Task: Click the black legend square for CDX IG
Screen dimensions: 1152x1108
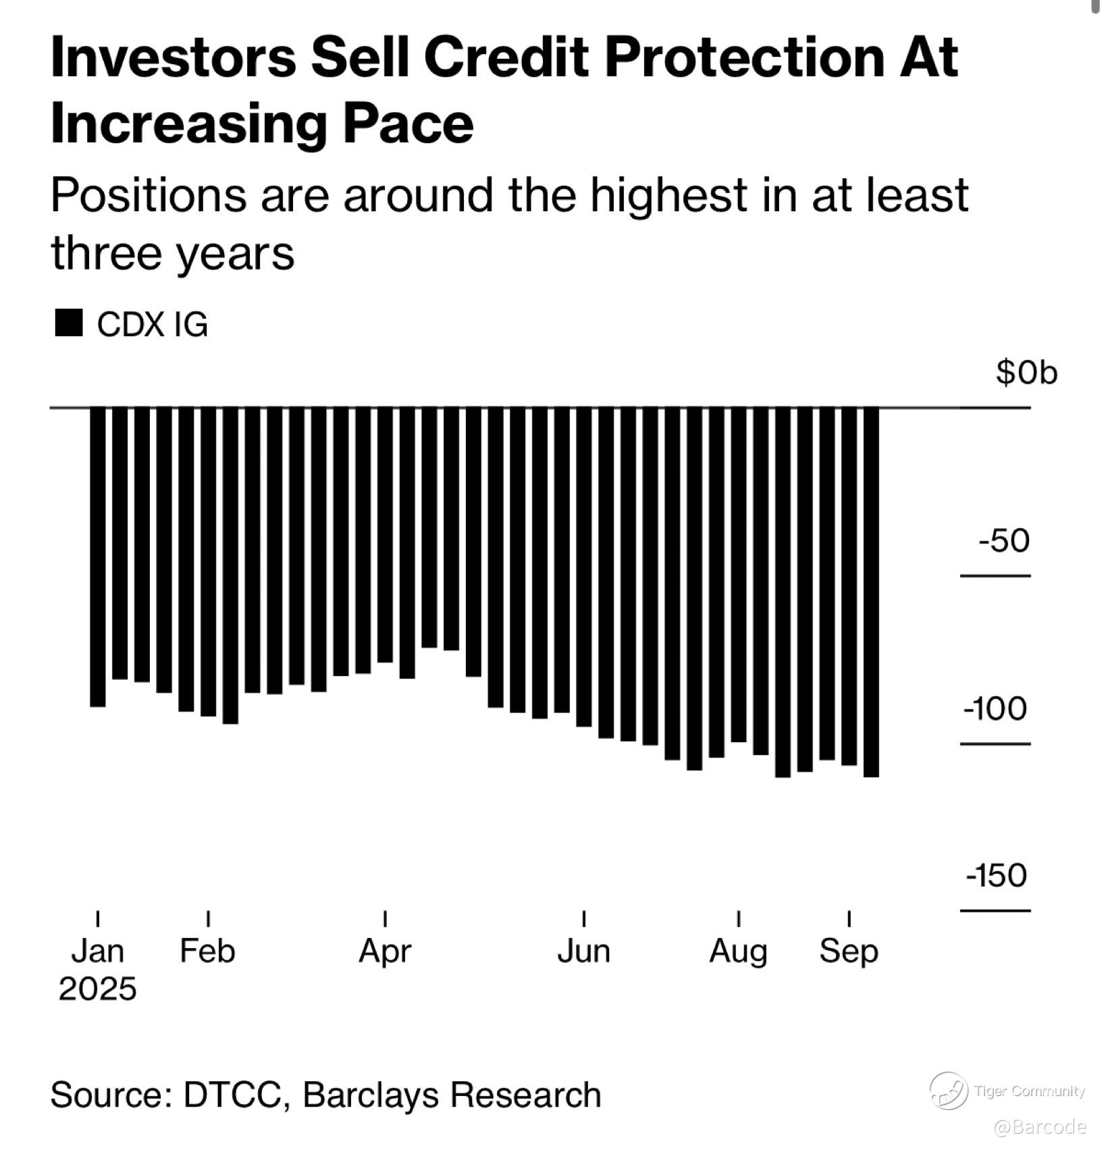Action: pyautogui.click(x=68, y=323)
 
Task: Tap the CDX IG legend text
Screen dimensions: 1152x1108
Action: pyautogui.click(x=153, y=325)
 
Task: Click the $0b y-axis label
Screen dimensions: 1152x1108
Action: pyautogui.click(x=1026, y=373)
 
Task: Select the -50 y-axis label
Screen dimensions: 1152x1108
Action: pyautogui.click(x=1004, y=541)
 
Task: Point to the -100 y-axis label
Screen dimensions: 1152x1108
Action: pyautogui.click(x=995, y=709)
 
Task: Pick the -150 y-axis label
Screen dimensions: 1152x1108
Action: pyautogui.click(x=996, y=876)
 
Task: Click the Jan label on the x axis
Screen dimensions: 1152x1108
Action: pyautogui.click(x=98, y=951)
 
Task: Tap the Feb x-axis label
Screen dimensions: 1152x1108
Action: pyautogui.click(x=207, y=951)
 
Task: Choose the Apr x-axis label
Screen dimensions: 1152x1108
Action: pyautogui.click(x=385, y=951)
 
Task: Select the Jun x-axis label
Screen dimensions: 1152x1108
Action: pyautogui.click(x=583, y=951)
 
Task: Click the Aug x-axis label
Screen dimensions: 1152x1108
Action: pyautogui.click(x=738, y=951)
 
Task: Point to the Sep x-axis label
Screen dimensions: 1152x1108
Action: pyautogui.click(x=849, y=951)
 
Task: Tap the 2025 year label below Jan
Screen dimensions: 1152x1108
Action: pyautogui.click(x=98, y=989)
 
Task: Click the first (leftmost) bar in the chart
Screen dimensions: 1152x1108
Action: pyautogui.click(x=98, y=557)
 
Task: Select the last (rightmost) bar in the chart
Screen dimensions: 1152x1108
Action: pyautogui.click(x=871, y=592)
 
